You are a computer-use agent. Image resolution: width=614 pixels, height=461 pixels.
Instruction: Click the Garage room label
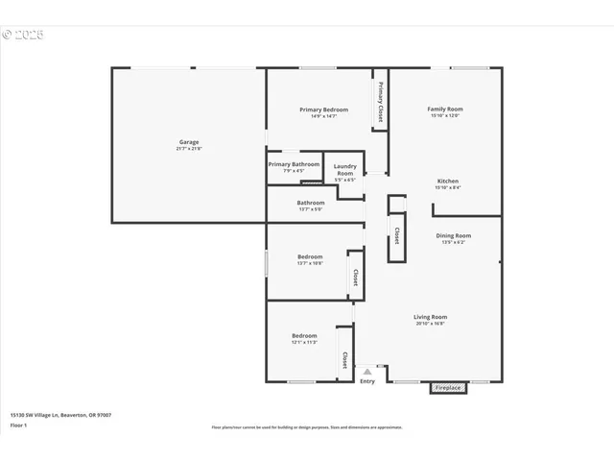188,142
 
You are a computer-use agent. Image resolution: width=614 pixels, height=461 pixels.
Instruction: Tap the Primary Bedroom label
323,109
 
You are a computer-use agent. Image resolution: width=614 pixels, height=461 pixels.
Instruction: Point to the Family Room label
445,109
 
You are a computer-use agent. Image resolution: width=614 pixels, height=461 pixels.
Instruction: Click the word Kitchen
448,181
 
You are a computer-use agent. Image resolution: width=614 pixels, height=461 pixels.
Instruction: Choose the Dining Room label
454,235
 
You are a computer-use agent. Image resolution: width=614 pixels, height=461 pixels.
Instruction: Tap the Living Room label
431,317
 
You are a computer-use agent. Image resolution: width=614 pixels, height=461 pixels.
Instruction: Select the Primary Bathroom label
294,164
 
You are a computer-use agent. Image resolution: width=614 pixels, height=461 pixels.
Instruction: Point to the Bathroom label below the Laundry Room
311,203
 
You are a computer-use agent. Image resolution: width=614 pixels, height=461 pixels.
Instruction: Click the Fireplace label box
448,388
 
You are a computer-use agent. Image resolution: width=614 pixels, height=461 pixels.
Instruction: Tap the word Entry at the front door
367,381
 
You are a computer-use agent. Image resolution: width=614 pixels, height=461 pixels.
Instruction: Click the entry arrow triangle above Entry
367,370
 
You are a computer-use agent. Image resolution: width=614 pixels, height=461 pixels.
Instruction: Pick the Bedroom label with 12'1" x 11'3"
304,335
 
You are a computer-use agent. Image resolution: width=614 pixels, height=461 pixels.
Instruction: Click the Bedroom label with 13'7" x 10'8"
310,256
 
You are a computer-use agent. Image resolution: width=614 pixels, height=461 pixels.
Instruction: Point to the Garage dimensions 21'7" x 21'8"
189,149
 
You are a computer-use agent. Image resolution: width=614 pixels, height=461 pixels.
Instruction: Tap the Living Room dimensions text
431,324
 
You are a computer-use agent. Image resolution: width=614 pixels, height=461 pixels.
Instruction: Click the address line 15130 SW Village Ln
60,415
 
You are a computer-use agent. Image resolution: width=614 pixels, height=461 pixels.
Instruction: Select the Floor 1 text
18,424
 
